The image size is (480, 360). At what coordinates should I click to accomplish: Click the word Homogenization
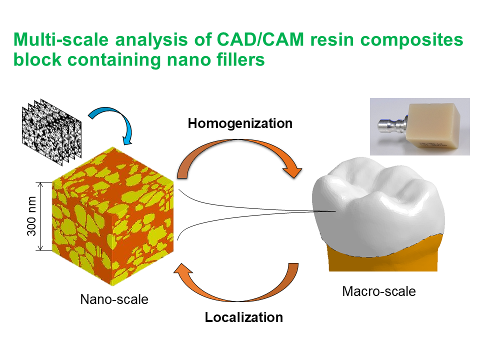point(240,123)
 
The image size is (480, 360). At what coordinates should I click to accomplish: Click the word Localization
point(243,317)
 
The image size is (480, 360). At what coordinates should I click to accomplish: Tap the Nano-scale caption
point(114,299)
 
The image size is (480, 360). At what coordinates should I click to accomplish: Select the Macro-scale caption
point(378,291)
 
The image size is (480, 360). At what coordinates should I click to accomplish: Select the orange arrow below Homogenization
point(240,155)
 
